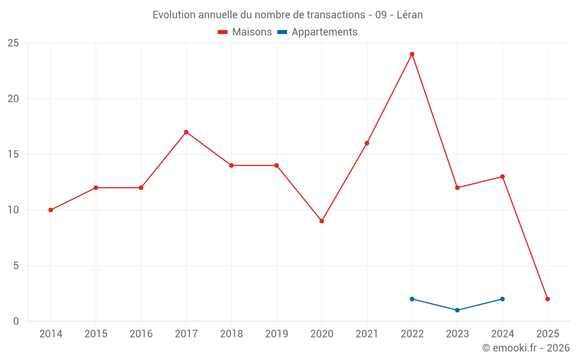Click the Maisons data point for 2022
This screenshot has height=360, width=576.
(x=412, y=54)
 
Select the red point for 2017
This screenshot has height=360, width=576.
(x=186, y=132)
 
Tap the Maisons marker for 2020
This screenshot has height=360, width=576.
(x=321, y=221)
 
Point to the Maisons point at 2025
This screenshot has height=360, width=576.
(x=547, y=299)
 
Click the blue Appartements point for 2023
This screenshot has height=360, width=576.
(x=457, y=310)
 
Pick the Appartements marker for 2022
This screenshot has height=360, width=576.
(x=412, y=299)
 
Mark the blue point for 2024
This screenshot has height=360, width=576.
(x=502, y=299)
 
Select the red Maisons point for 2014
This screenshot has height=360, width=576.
(x=51, y=210)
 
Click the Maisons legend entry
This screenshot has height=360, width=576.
(x=245, y=32)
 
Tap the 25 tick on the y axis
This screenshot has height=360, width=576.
(x=13, y=43)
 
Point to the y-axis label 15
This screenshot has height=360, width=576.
(x=13, y=154)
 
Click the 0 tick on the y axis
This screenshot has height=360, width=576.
(x=16, y=321)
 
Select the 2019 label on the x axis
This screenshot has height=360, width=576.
(x=276, y=334)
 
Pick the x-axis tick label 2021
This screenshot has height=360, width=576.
(x=367, y=334)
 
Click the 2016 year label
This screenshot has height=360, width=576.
(x=141, y=334)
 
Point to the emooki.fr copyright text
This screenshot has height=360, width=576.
(x=526, y=348)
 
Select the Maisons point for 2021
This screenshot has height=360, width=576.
(x=367, y=143)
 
